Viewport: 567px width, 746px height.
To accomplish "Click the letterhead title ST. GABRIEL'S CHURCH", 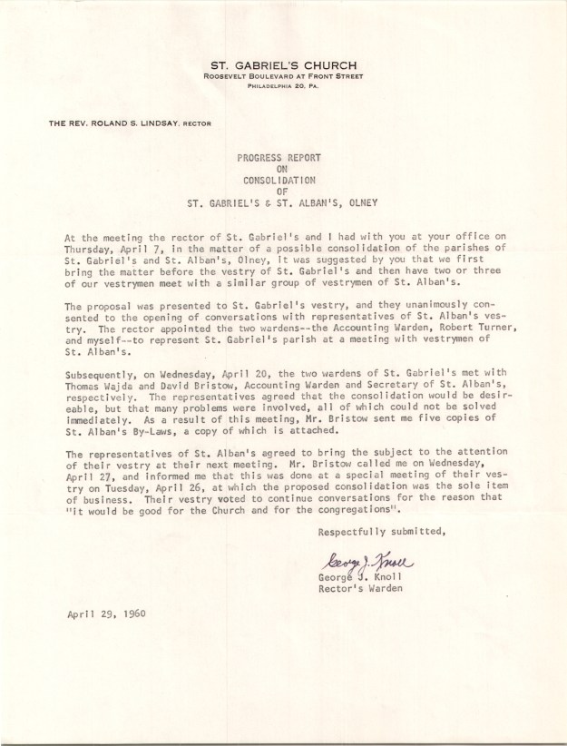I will (283, 65).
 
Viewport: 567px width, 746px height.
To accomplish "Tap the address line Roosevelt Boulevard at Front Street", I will (283, 77).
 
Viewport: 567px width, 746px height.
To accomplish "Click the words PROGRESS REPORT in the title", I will (283, 157).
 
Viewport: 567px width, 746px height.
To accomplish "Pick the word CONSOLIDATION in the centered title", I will (283, 180).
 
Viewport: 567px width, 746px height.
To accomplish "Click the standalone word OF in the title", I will (283, 191).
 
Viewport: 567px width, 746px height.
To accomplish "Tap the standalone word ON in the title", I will (283, 169).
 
